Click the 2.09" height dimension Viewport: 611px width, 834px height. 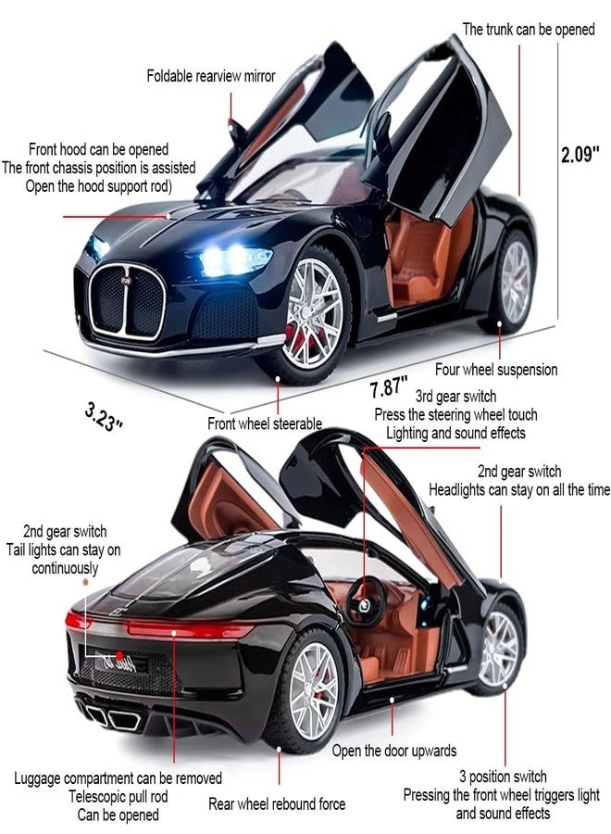[x=580, y=154]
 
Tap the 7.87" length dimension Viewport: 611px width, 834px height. [x=389, y=385]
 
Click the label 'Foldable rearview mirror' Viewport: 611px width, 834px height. [x=211, y=76]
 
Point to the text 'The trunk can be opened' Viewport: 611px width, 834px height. [x=529, y=29]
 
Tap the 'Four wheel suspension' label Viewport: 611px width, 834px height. [x=496, y=370]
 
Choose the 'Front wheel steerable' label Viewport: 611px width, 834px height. [x=265, y=423]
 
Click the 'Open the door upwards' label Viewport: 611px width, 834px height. [x=394, y=751]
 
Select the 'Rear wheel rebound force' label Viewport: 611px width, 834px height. [x=277, y=803]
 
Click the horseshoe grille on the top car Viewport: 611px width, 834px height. [x=128, y=301]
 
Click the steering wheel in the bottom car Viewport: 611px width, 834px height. [x=367, y=602]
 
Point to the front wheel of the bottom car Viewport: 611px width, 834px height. [x=497, y=649]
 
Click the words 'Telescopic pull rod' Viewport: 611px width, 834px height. [x=118, y=797]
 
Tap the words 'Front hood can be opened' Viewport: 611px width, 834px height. [x=98, y=149]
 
